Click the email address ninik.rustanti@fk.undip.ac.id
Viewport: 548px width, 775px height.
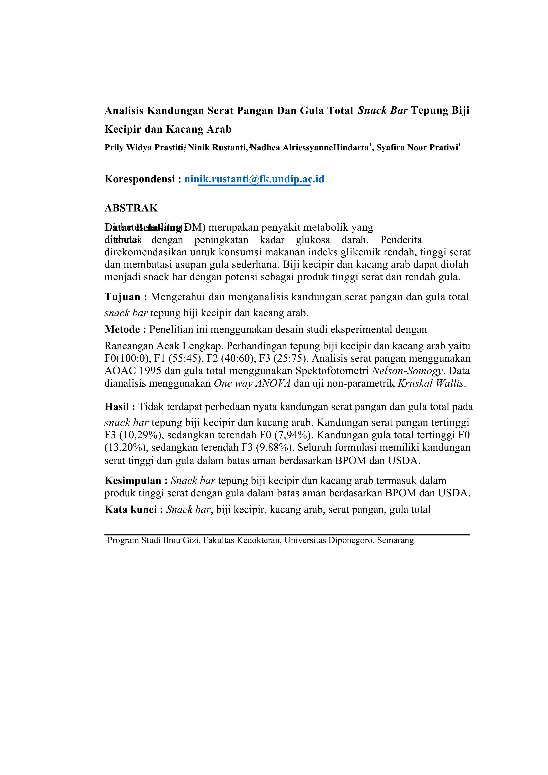[x=254, y=179]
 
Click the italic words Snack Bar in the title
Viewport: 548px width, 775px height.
[x=382, y=110]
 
